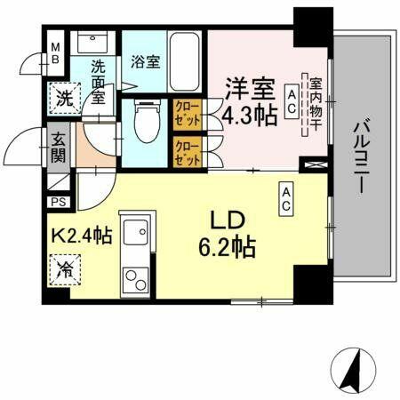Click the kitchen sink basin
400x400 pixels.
point(136,234)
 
